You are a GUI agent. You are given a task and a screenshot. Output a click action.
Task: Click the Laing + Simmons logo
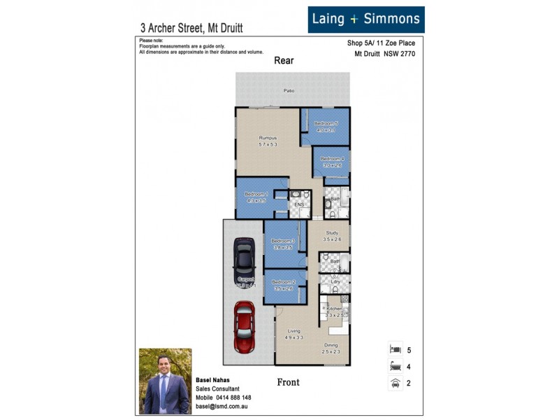(x=365, y=20)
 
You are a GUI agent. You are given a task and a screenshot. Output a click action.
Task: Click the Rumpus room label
(x=268, y=139)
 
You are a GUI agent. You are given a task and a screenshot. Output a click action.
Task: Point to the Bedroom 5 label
(x=326, y=124)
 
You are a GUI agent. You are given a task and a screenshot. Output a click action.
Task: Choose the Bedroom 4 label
(x=332, y=159)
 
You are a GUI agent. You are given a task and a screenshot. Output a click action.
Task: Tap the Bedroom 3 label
(x=283, y=241)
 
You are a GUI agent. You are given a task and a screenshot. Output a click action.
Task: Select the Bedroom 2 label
(x=283, y=282)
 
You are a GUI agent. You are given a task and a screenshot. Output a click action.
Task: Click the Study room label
(x=331, y=233)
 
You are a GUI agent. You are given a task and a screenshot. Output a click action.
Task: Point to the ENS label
(x=298, y=205)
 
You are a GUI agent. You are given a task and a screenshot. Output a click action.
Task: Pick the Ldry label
(x=335, y=281)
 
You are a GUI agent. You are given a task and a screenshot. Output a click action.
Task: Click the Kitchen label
(x=334, y=309)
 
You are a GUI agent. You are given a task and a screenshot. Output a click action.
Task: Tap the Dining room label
(x=331, y=346)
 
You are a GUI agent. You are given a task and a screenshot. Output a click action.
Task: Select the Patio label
(x=289, y=91)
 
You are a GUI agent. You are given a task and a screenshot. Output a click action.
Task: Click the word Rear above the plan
(x=284, y=61)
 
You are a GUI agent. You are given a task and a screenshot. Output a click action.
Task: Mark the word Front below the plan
(x=288, y=382)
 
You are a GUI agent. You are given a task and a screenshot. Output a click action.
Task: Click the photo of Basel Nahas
(x=165, y=381)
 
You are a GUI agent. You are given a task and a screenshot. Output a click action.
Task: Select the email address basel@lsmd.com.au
(x=222, y=406)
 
